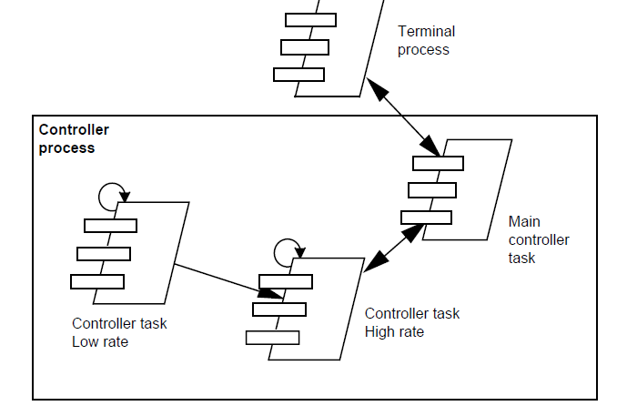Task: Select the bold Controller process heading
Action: (x=74, y=138)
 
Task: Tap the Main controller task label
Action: (x=538, y=238)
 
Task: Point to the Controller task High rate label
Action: (x=411, y=322)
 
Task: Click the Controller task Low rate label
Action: (x=119, y=332)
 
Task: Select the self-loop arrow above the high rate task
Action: (x=287, y=249)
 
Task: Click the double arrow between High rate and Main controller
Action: (x=394, y=247)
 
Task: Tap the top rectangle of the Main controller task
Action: (x=438, y=164)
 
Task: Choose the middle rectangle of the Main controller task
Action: (x=432, y=190)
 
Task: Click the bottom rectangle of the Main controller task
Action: (x=426, y=217)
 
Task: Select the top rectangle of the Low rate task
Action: (x=110, y=226)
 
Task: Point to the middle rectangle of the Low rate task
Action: (x=104, y=254)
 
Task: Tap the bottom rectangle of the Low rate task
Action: (x=97, y=281)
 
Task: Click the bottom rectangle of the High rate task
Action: (x=272, y=338)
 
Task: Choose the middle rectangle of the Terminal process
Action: (x=305, y=47)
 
